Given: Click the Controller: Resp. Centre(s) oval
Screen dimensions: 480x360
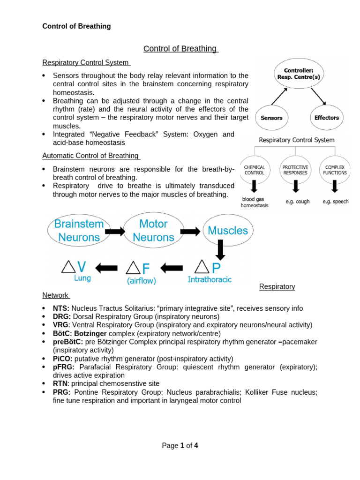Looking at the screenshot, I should coord(299,73).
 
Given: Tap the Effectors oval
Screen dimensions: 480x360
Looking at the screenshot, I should coord(326,118).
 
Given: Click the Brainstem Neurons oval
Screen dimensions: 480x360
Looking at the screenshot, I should coord(79,231).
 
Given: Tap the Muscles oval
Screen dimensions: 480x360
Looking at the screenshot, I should coord(228,231).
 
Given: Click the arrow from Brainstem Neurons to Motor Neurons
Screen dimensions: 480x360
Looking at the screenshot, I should coord(115,231).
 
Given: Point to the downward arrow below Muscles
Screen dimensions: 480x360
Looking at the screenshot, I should coord(219,251).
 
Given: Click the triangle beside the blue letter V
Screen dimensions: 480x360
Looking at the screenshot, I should coord(68,267).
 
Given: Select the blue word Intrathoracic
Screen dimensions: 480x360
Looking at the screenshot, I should coord(210,280).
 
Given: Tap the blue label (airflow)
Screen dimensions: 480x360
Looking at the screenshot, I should coord(141,281).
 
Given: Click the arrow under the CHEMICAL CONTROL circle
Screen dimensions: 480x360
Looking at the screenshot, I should coord(255,187).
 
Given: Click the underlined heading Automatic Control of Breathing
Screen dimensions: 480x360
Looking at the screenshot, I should coord(90,156).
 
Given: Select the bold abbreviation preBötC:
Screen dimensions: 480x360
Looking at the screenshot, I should coord(68,342).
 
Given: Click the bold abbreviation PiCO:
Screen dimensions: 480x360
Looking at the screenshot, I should coord(63,359).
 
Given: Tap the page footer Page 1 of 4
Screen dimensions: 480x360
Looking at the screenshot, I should coord(180,446).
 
